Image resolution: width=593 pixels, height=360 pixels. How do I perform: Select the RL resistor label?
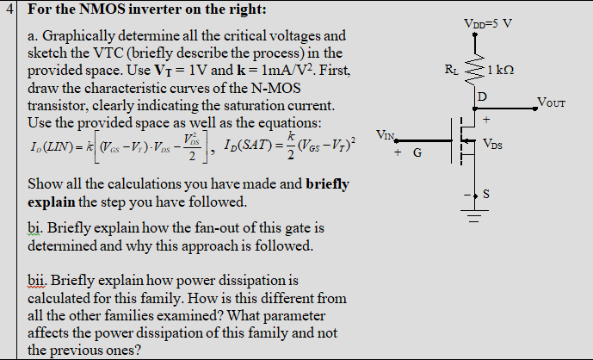[x=453, y=68]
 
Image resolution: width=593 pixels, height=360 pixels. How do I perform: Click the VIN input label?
[x=386, y=135]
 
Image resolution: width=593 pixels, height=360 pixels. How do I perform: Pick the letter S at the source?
[x=486, y=194]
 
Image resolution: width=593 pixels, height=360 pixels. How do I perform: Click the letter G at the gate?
[x=417, y=153]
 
